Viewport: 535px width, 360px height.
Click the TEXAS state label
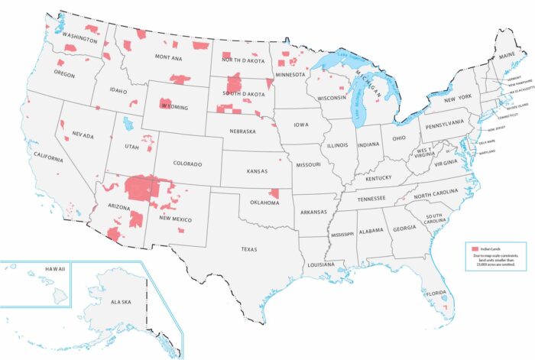[x=249, y=249]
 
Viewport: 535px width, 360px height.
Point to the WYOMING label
[x=173, y=108]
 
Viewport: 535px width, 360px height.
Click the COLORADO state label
[x=187, y=164]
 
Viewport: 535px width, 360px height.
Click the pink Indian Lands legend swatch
[x=475, y=250]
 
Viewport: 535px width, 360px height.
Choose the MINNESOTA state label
[x=292, y=75]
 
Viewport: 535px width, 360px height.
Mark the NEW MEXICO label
[x=175, y=219]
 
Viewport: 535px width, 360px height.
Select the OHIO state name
[x=397, y=138]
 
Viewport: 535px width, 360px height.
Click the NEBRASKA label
[x=242, y=131]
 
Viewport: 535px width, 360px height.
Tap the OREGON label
[x=64, y=74]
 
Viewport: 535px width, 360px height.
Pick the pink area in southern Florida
[x=446, y=307]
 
